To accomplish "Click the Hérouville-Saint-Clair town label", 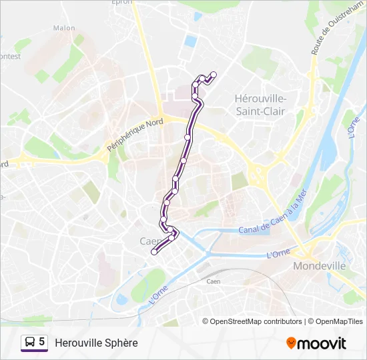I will click(260, 105).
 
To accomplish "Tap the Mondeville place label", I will click(320, 265).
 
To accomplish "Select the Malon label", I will click(64, 28).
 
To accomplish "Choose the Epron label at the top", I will click(123, 3).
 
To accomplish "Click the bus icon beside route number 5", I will click(29, 342).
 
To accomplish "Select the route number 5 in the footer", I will click(42, 342).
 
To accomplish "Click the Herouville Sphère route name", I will click(96, 343).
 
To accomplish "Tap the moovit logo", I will click(316, 343).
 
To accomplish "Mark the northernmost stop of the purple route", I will click(214, 75).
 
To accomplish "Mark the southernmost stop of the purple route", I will click(154, 252).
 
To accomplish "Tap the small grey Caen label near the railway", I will click(214, 281).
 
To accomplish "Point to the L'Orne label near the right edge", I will click(353, 126).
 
